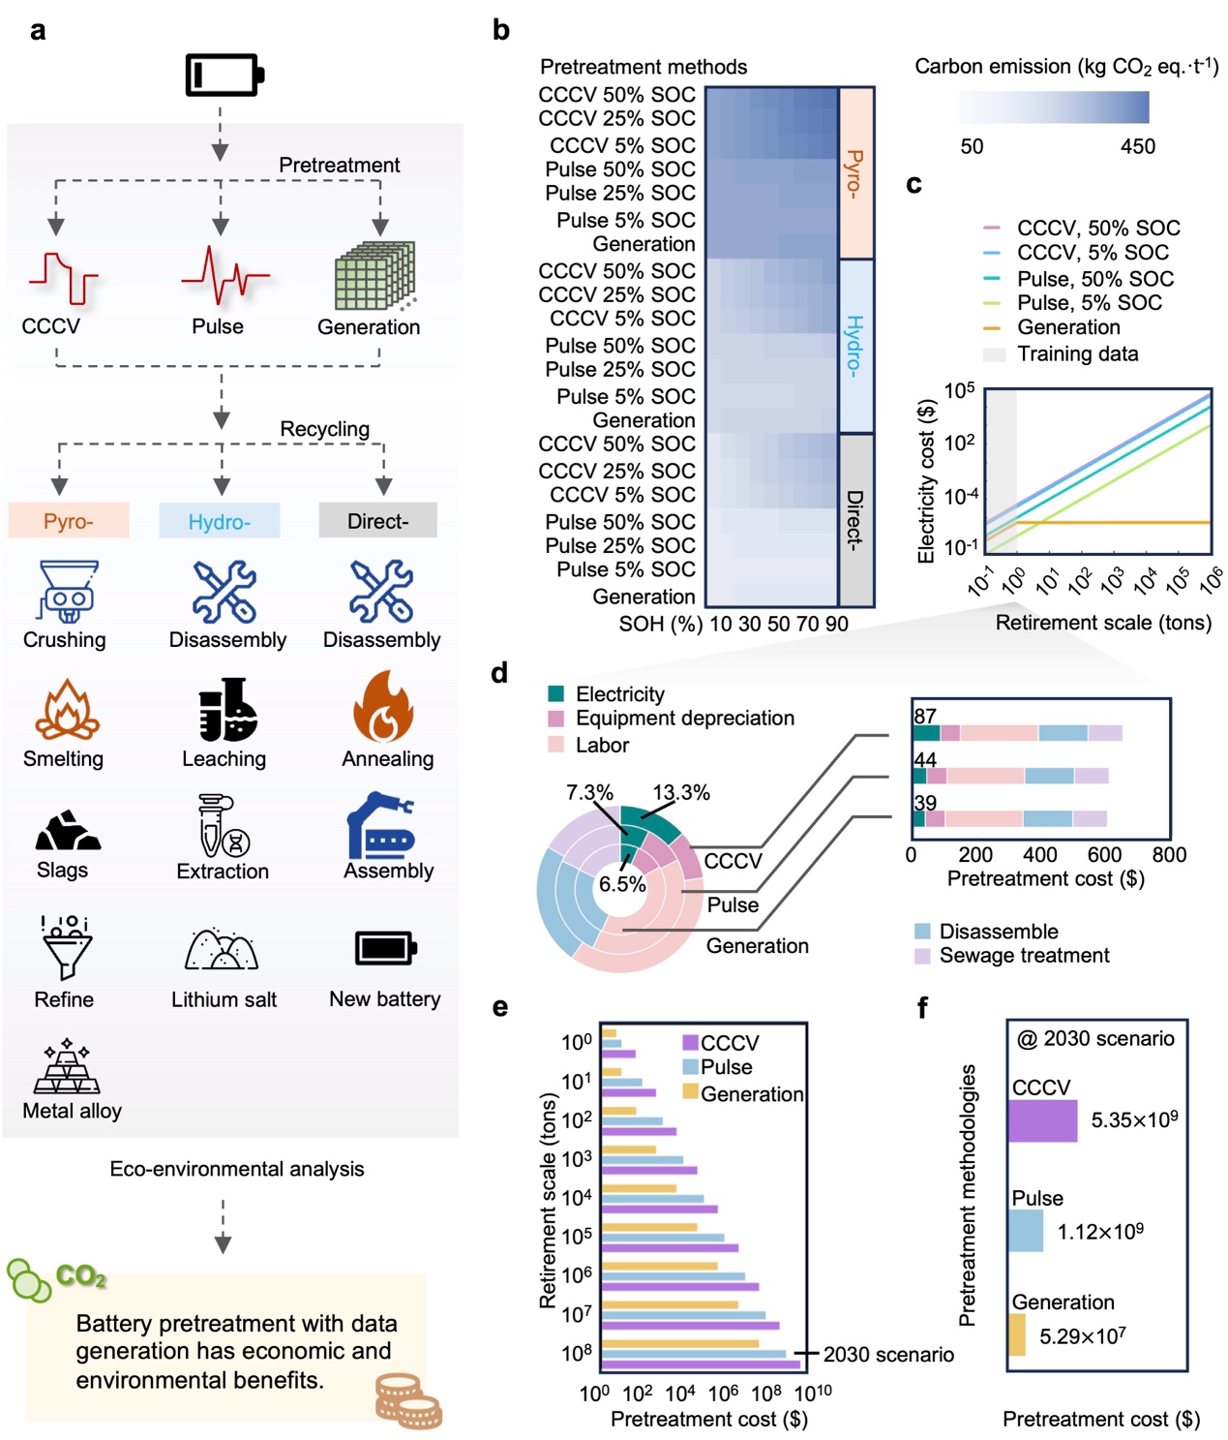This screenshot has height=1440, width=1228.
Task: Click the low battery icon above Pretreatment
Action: point(225,75)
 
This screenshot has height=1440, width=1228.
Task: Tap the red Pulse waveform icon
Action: point(224,275)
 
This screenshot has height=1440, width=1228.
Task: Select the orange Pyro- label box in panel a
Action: point(68,521)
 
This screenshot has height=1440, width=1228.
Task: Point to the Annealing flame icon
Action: point(383,707)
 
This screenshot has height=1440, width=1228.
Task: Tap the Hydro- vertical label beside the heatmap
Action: point(855,346)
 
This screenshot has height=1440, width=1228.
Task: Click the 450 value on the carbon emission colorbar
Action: point(1137,147)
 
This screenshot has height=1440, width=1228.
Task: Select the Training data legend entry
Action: point(1077,354)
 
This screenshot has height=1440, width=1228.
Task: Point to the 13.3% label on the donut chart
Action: point(681,793)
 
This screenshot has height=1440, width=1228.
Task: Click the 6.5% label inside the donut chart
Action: point(622,884)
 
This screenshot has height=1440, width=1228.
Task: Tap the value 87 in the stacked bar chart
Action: point(925,717)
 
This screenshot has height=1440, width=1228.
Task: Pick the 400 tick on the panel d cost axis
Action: point(1039,855)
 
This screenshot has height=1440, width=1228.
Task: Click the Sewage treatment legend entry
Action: point(1024,956)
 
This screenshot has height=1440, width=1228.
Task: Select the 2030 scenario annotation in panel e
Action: point(887,1355)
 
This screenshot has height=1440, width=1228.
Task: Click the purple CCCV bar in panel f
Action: point(1042,1121)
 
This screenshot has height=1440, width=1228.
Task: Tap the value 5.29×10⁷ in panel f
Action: point(1082,1337)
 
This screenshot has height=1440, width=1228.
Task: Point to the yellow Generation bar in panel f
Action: point(1017,1334)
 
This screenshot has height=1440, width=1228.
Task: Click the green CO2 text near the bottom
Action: point(80,1276)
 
